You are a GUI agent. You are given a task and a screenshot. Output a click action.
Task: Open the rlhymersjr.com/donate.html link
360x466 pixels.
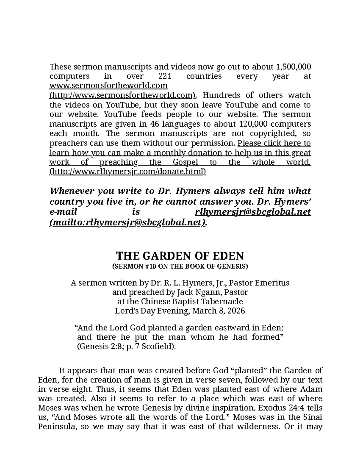(128, 172)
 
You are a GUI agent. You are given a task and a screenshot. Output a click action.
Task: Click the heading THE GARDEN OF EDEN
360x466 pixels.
(180, 256)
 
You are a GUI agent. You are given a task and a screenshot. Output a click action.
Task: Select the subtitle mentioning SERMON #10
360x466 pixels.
(180, 266)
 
